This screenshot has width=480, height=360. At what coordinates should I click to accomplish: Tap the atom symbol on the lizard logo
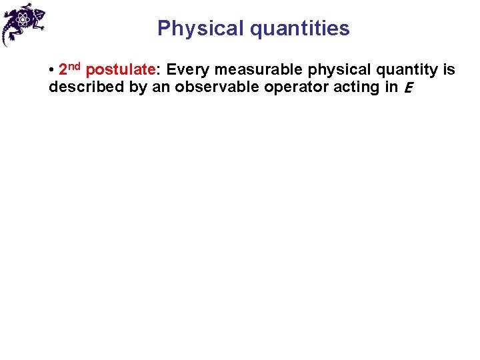(x=25, y=20)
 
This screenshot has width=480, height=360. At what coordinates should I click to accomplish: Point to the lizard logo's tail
(x=7, y=37)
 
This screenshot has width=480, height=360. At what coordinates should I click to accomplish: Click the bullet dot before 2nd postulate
(x=51, y=70)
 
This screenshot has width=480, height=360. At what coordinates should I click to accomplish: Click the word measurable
(x=257, y=69)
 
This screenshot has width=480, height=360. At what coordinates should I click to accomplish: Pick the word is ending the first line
(x=449, y=69)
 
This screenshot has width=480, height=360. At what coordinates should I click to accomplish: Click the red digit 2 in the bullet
(x=63, y=70)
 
